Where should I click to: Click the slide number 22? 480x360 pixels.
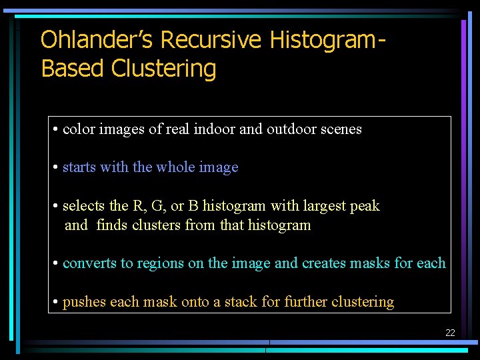click(450, 333)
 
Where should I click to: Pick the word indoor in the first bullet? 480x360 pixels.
click(214, 129)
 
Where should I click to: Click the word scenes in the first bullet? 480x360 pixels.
click(341, 129)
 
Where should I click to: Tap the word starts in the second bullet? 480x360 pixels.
click(79, 167)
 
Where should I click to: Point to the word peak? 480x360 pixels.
click(365, 207)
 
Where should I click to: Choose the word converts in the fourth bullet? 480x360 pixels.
click(89, 263)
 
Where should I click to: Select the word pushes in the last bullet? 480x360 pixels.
click(84, 302)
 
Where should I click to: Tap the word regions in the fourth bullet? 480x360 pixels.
click(160, 264)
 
